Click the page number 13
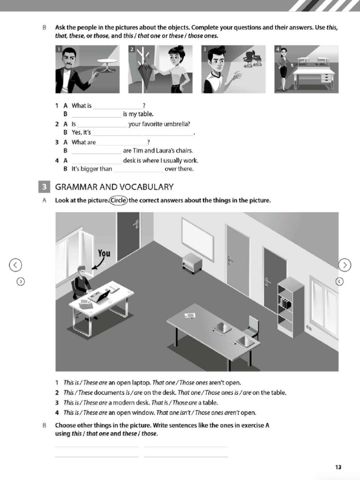338,467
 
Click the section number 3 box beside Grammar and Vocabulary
43,187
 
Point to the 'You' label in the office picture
104,254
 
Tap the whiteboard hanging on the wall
197,239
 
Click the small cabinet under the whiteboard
192,262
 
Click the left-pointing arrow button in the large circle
15,265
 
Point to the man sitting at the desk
82,282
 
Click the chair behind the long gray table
253,326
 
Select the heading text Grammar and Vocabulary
114,187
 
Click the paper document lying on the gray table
190,315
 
